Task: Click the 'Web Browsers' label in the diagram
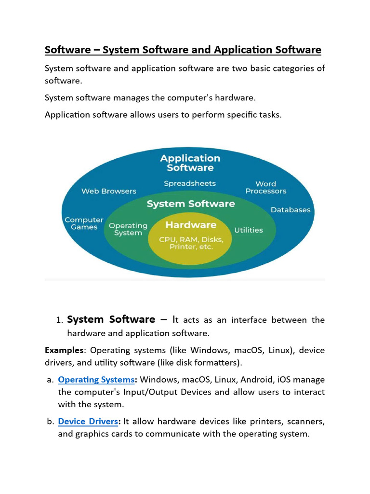pos(108,191)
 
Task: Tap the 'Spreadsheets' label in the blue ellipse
pos(190,183)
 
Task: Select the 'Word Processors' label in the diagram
pos(265,187)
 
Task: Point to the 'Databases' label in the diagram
pos(291,210)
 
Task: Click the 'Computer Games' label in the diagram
pos(84,223)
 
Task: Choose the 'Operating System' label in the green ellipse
pos(128,229)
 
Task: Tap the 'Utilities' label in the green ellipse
pos(249,230)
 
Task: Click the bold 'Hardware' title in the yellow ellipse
pos(191,225)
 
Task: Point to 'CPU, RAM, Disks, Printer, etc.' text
pos(191,243)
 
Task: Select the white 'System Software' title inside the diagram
pos(191,204)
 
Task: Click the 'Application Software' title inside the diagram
pos(190,163)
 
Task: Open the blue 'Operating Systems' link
pos(96,380)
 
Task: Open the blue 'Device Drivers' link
pos(88,421)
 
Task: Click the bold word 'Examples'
pos(62,350)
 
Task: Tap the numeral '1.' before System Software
pos(59,320)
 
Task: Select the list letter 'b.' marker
pos(50,422)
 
